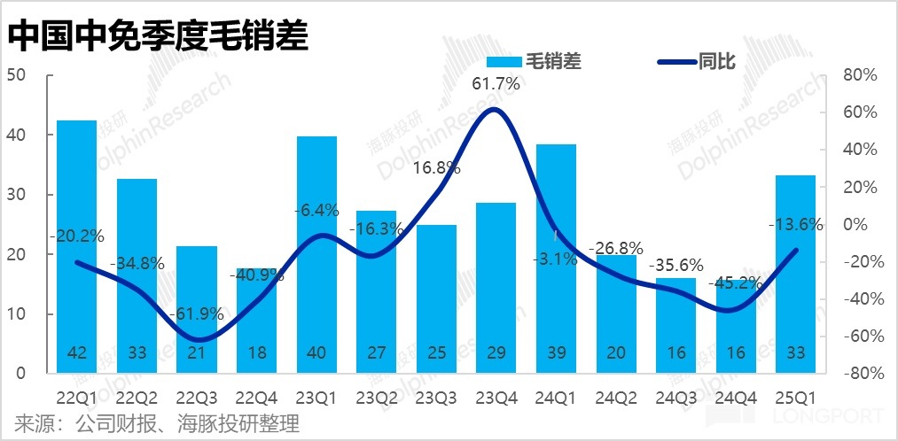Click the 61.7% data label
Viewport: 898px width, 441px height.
coord(496,84)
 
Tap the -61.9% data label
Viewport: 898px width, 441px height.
coord(195,314)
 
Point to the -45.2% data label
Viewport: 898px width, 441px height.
coord(735,283)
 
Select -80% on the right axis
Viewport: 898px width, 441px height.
coord(856,374)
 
